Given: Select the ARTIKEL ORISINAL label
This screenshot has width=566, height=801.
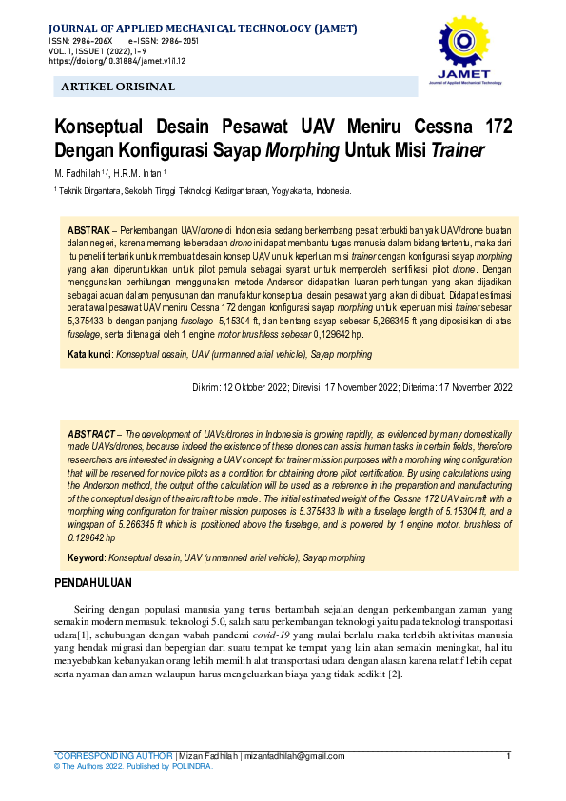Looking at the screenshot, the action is click(x=118, y=87).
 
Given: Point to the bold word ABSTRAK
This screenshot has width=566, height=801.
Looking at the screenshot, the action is click(x=88, y=232).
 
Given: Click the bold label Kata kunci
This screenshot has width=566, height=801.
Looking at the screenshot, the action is click(x=88, y=354).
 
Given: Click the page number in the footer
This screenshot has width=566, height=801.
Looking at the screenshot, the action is click(x=509, y=756).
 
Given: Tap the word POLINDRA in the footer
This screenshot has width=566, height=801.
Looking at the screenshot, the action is click(x=190, y=766).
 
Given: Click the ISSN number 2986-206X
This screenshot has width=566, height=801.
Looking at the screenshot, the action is click(x=91, y=42).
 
